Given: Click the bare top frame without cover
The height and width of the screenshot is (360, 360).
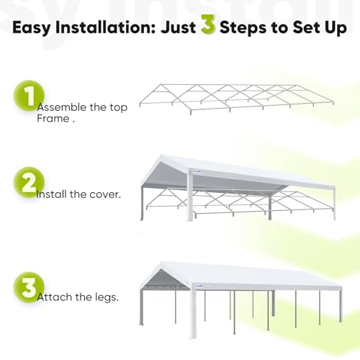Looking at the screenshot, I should (238, 96).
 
